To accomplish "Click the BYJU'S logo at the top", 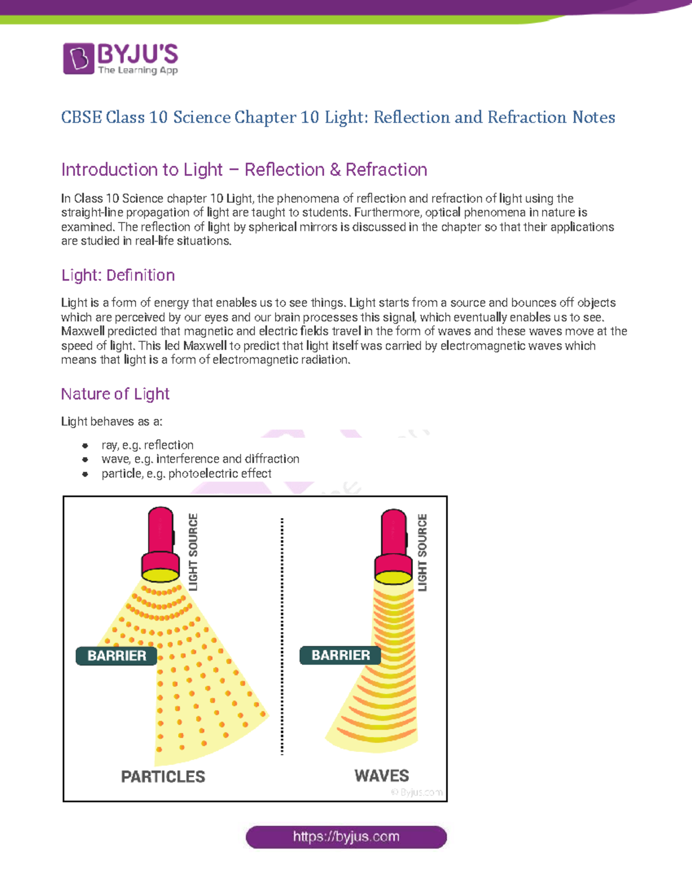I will (x=121, y=59).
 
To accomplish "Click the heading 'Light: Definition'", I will (x=118, y=275).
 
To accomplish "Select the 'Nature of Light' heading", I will (x=115, y=394).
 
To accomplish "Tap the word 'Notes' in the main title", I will (x=593, y=118).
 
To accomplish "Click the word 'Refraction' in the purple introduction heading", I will (x=386, y=170).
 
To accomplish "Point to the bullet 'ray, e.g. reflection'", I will (x=147, y=445).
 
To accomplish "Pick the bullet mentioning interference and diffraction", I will (x=200, y=459).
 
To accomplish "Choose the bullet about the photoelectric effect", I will (x=186, y=474).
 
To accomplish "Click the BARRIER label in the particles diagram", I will (x=116, y=656).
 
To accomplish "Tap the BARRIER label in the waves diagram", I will (x=340, y=655).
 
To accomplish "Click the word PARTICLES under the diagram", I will (x=163, y=777).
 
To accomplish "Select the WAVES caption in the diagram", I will (x=382, y=776).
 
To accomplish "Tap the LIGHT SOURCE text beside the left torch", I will (x=193, y=552).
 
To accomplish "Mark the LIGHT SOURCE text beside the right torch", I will (x=423, y=553).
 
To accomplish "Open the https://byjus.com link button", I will (x=346, y=837).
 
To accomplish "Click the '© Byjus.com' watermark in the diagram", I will (x=417, y=792).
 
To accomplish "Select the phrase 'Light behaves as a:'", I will (x=112, y=422).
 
